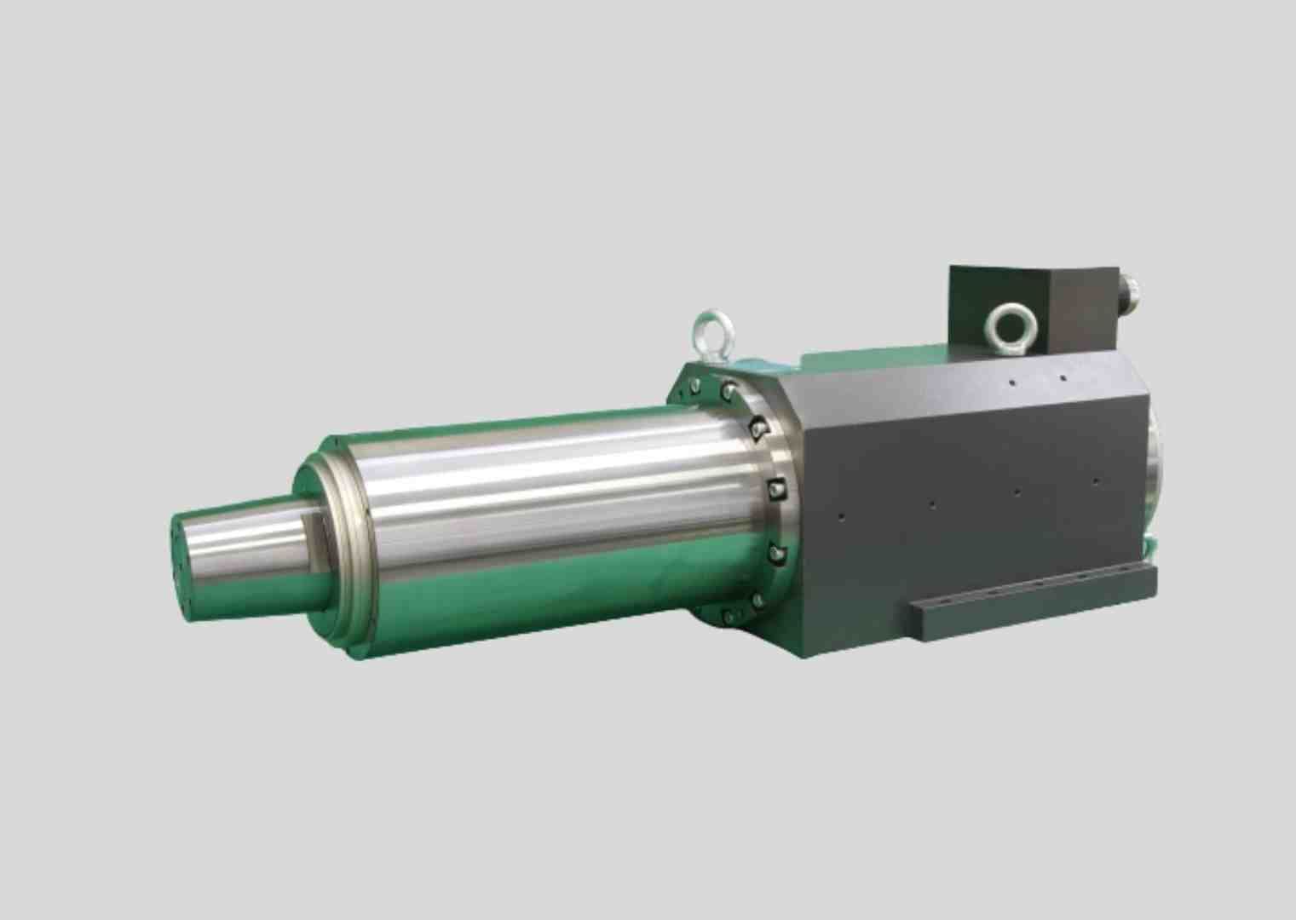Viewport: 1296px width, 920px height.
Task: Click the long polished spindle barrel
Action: (545, 520)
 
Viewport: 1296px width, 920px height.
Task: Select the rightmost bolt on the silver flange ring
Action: (776, 487)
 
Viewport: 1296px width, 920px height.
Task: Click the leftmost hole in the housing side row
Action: (842, 515)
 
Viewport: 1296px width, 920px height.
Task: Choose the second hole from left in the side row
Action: (931, 504)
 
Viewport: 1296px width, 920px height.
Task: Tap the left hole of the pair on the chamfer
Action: (1011, 382)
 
